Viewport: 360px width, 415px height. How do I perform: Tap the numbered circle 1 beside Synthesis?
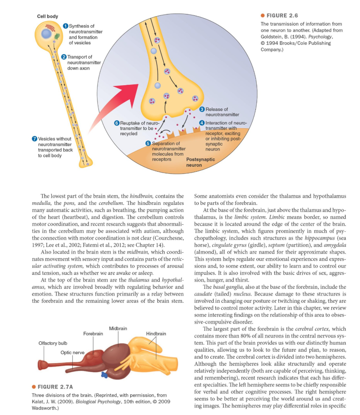(x=65, y=26)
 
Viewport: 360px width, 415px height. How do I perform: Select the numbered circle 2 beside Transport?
(x=64, y=57)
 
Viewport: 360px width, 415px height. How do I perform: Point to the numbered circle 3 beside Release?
(x=202, y=109)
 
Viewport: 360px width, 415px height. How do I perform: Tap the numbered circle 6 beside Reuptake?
(x=117, y=123)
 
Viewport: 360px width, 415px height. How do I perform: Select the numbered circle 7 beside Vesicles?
(x=34, y=138)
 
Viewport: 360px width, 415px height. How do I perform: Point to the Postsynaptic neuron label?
(x=200, y=162)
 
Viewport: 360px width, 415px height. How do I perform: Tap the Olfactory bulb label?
(x=52, y=343)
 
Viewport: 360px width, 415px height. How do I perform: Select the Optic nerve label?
(x=73, y=352)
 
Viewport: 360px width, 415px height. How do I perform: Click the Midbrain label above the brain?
(x=118, y=328)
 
